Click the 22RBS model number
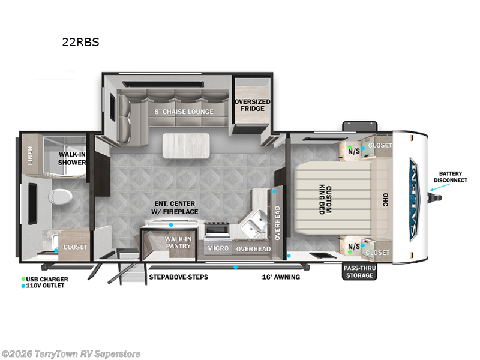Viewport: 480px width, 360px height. (80, 43)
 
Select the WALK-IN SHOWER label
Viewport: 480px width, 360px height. (71, 158)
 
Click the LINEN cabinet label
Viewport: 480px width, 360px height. (31, 157)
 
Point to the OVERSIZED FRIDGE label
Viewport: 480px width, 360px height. (252, 105)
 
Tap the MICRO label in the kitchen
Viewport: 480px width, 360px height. (217, 248)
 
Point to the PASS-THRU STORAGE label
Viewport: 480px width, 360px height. (358, 272)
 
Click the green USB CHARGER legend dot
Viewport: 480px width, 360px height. (23, 279)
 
